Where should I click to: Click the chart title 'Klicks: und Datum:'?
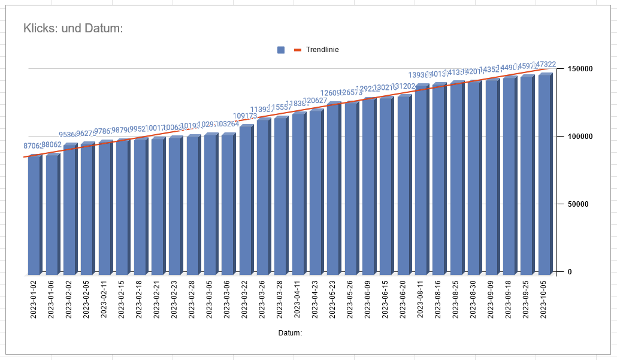pyautogui.click(x=73, y=28)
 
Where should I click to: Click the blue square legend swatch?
pyautogui.click(x=281, y=50)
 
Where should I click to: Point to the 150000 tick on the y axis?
pyautogui.click(x=580, y=69)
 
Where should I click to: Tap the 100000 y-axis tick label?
pyautogui.click(x=580, y=137)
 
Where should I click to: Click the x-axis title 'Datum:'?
pyautogui.click(x=291, y=332)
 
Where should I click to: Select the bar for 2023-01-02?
pyautogui.click(x=34, y=216)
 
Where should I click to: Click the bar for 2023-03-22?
pyautogui.click(x=245, y=201)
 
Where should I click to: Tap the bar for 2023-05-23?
pyautogui.click(x=333, y=190)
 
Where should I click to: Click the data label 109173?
pyautogui.click(x=245, y=116)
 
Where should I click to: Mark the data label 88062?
pyautogui.click(x=52, y=145)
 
